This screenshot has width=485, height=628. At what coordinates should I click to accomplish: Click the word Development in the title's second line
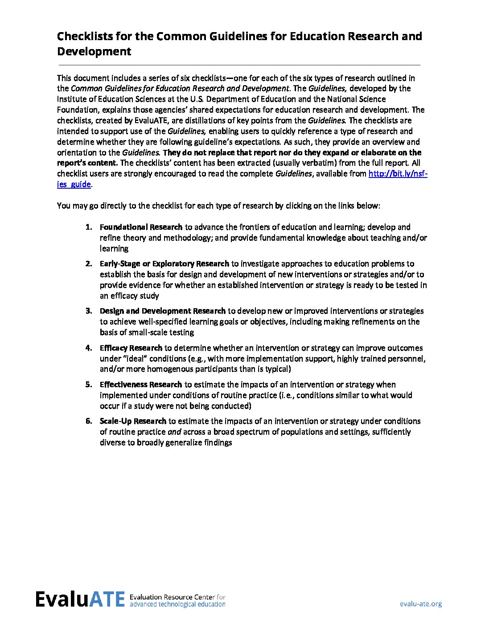pos(94,51)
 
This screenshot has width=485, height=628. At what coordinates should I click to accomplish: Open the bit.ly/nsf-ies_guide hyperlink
pos(398,174)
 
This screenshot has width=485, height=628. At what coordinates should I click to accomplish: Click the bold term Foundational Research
pos(141,227)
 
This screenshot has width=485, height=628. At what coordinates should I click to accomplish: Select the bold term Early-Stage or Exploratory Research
pos(164,264)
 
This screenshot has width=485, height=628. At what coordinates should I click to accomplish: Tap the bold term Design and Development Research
pos(162,311)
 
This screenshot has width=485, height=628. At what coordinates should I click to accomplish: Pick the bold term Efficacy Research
pos(131,348)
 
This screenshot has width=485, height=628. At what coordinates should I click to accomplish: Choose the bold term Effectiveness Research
pos(140,384)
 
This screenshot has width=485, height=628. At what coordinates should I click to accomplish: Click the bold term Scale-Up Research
pos(133,421)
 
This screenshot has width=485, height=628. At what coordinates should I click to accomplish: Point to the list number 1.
pos(89,227)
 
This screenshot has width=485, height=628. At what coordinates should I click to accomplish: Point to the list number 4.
pos(89,348)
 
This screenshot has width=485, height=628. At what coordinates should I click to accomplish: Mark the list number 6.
pos(89,421)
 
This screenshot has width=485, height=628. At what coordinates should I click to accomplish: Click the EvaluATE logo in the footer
pos(80,599)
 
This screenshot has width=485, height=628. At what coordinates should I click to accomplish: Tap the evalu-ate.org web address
pos(420,604)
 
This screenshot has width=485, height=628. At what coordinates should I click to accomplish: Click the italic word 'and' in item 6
pos(173,432)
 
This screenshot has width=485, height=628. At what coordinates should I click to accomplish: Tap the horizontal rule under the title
pos(238,65)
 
